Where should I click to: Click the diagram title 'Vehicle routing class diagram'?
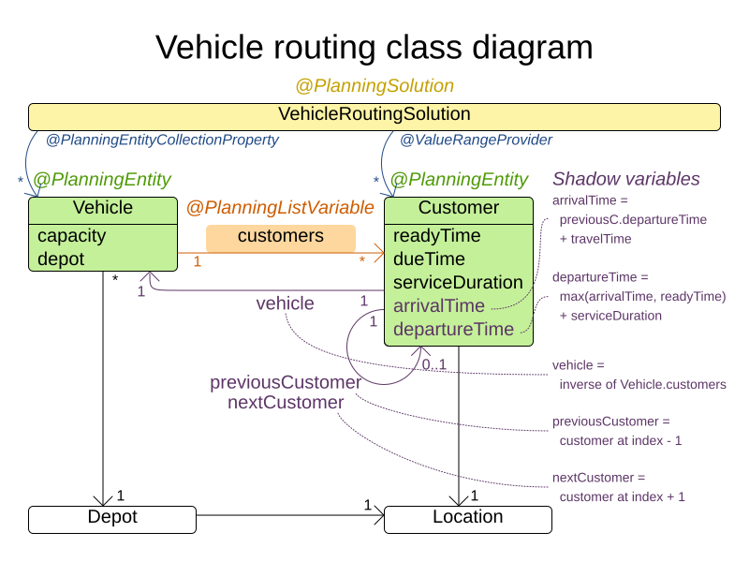click(374, 46)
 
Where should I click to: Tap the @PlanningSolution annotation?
click(374, 85)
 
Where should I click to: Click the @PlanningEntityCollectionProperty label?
click(162, 140)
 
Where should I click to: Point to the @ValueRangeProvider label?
click(476, 140)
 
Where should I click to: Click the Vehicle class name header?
click(103, 208)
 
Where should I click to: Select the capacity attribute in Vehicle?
click(72, 235)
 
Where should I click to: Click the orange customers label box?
click(280, 237)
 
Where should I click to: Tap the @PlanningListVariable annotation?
click(280, 208)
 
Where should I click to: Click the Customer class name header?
click(459, 208)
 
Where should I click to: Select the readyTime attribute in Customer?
click(436, 235)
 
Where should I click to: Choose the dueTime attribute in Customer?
click(429, 259)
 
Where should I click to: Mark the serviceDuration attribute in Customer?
click(458, 282)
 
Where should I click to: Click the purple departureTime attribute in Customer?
click(453, 329)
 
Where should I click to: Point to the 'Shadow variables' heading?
click(625, 179)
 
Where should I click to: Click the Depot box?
click(112, 518)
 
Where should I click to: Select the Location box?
click(467, 518)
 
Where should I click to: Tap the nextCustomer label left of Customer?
click(285, 403)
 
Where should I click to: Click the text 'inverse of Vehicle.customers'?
click(642, 384)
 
